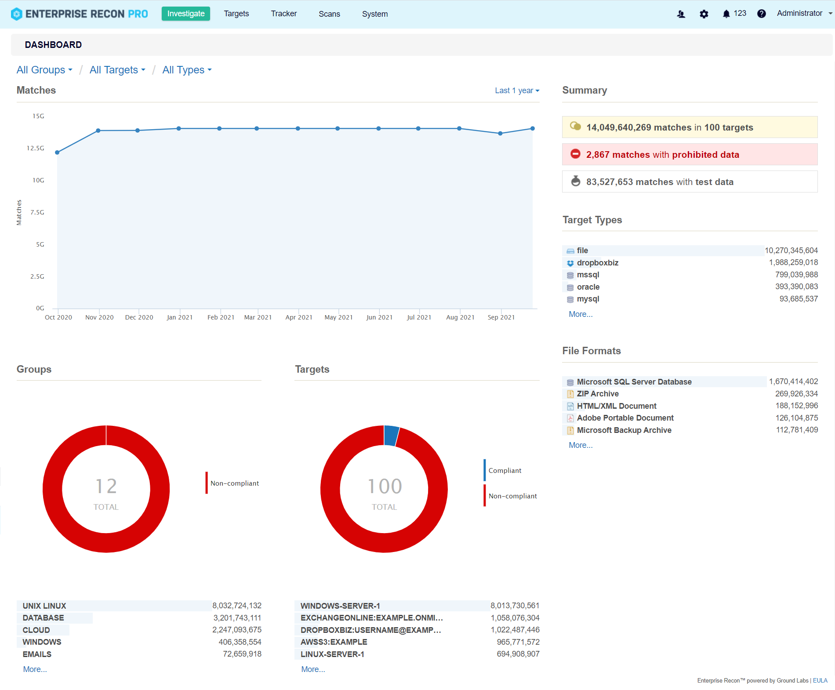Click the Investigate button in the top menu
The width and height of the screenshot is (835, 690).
[185, 14]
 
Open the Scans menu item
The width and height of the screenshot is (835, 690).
[329, 14]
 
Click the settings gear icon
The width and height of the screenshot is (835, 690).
[704, 14]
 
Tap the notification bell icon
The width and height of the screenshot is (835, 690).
[726, 14]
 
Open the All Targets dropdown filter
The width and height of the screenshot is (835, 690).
[117, 70]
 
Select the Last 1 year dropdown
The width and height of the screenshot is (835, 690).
[517, 91]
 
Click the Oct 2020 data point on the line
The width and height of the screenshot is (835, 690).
[57, 153]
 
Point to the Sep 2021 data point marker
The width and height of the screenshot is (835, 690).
[500, 133]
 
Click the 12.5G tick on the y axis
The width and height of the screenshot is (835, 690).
[36, 148]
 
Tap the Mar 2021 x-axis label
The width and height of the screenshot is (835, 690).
[258, 317]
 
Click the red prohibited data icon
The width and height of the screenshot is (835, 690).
[575, 154]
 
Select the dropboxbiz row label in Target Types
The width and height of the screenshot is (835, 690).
[597, 263]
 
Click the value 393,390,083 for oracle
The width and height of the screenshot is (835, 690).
[796, 287]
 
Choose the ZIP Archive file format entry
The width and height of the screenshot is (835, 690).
[597, 394]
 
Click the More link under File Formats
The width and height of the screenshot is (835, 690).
[581, 445]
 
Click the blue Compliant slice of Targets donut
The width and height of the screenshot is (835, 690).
[391, 436]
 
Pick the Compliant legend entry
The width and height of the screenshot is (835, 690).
[505, 471]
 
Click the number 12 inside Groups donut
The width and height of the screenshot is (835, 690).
[106, 487]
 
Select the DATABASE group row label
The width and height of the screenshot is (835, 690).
[44, 618]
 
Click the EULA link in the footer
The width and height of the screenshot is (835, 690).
[820, 680]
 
